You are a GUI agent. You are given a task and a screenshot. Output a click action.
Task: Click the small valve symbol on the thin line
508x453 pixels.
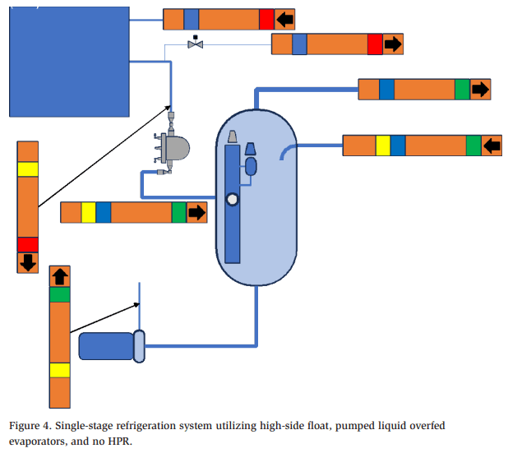point(196,44)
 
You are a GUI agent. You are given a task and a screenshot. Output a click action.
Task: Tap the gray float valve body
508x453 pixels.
point(174,147)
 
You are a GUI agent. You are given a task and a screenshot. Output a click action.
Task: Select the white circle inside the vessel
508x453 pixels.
point(233,198)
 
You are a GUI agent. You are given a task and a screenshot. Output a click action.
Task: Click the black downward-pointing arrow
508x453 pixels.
point(27,262)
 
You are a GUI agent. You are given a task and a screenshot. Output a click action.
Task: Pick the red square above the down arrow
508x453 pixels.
point(27,244)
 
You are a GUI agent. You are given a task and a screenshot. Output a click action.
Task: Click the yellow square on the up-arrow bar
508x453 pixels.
point(60,370)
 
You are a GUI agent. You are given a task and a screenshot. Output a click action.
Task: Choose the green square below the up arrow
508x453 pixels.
point(60,294)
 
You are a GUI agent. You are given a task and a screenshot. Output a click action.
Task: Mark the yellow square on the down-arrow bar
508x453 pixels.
point(27,169)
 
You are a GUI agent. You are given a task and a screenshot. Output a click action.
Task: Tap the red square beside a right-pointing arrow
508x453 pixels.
point(375,44)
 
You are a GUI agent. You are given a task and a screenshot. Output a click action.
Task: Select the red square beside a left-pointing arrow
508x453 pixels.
point(266,19)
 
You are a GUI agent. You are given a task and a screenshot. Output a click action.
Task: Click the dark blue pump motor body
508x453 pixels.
point(106,346)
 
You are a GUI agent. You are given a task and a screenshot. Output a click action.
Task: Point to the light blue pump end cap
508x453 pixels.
point(139,345)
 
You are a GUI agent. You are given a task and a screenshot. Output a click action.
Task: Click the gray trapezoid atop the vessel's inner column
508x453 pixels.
point(233,136)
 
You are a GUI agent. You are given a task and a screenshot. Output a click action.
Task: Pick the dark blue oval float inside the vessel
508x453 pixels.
point(252,165)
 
